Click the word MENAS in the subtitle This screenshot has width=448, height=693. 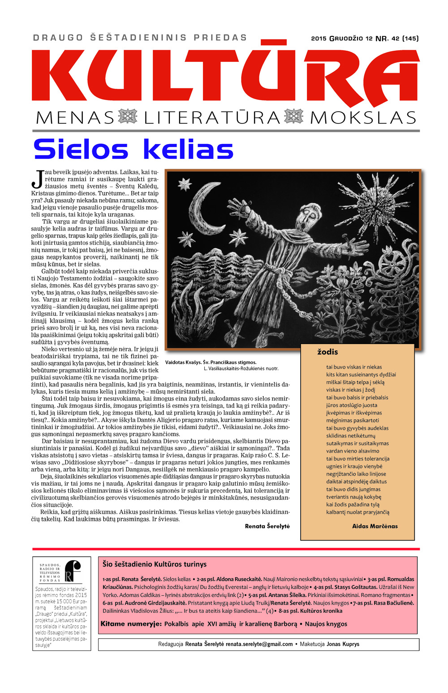(x=75, y=118)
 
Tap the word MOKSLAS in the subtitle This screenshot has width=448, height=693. (x=363, y=118)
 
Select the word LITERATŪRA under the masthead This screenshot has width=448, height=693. (x=212, y=118)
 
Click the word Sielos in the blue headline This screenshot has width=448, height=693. (x=81, y=149)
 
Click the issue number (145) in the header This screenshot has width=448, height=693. (x=410, y=39)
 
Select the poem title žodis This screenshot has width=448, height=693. (x=327, y=352)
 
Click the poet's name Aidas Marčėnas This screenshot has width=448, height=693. (x=375, y=526)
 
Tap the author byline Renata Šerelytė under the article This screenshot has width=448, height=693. (x=267, y=526)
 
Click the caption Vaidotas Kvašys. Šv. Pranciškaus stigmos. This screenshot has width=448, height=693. (x=211, y=362)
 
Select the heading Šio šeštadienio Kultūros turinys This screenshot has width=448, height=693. (x=155, y=564)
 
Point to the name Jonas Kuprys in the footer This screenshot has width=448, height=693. (x=343, y=644)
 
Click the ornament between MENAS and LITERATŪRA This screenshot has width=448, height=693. (x=128, y=117)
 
